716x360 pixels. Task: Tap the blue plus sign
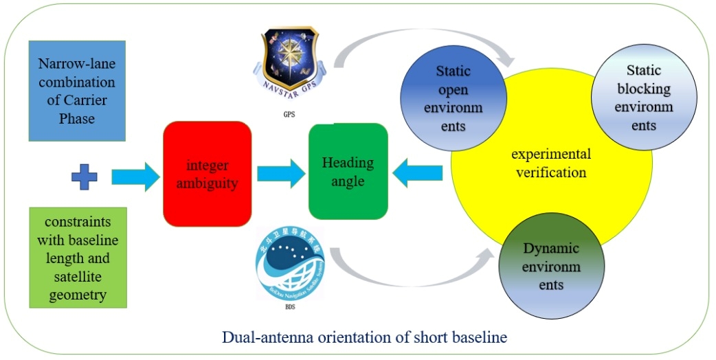84,177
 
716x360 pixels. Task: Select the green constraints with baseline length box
78,257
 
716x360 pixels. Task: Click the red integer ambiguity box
207,174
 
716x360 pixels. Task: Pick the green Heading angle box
348,171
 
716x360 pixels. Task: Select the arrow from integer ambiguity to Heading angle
281,174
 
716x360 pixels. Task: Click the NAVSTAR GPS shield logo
291,60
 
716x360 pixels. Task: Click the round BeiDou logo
292,262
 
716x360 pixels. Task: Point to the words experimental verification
551,163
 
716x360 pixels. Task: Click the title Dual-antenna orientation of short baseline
363,338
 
